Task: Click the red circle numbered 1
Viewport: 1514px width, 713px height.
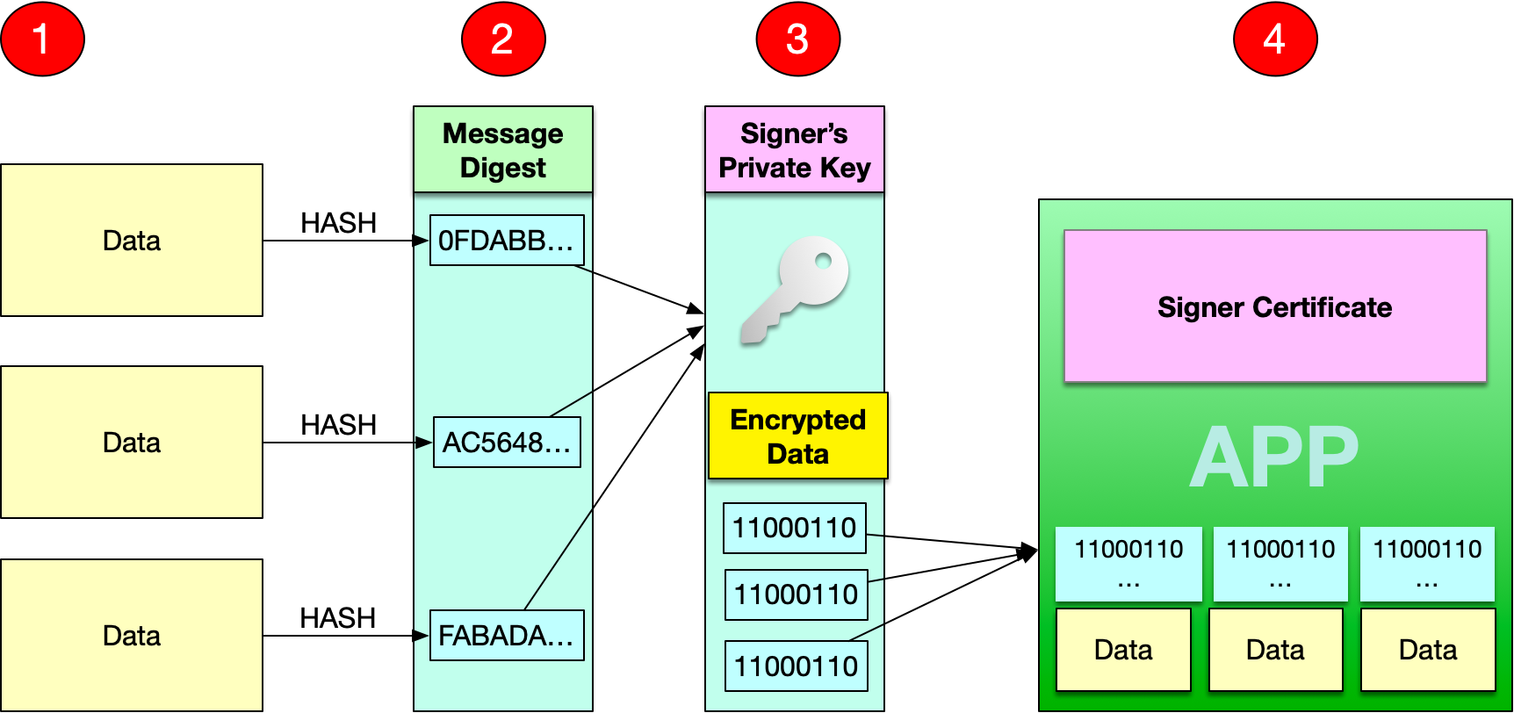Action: tap(42, 39)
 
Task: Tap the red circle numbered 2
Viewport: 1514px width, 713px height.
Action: tap(503, 39)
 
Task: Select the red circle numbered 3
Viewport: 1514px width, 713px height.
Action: tap(797, 39)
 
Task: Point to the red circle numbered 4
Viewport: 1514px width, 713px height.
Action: tap(1274, 39)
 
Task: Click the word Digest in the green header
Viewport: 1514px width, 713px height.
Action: tap(502, 168)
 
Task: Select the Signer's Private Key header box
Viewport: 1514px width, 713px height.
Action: tap(794, 150)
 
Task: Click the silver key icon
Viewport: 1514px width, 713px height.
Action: tap(795, 289)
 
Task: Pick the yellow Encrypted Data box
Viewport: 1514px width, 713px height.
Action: tap(797, 436)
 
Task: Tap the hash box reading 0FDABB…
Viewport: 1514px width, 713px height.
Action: tap(507, 241)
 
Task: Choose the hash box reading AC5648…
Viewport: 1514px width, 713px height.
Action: tap(507, 443)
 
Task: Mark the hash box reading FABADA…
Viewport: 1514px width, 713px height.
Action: tap(507, 636)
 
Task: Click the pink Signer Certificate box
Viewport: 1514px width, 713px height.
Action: tap(1274, 306)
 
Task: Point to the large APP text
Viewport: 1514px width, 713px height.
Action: tap(1274, 457)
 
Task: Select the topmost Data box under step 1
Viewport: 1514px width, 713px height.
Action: tap(132, 241)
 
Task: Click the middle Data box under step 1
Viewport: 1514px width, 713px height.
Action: tap(132, 443)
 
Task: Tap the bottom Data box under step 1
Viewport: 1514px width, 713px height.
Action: tap(132, 636)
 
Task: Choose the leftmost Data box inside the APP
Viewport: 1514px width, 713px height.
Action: tap(1123, 650)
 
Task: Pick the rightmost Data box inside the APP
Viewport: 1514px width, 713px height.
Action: tap(1428, 650)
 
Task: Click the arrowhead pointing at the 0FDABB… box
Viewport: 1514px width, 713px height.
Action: tap(422, 241)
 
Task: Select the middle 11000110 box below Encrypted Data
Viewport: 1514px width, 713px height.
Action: tap(796, 594)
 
